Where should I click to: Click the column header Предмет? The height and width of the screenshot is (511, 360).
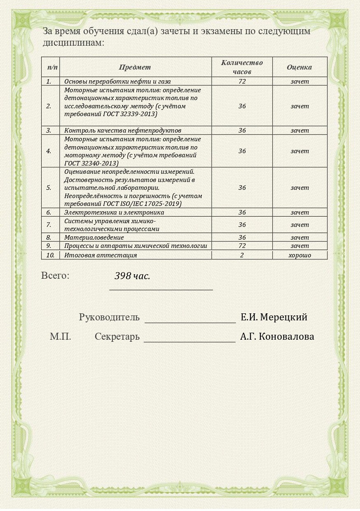[x=135, y=67]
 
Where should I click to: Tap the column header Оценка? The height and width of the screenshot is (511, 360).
[x=299, y=67]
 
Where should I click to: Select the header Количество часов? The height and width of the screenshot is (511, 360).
[x=242, y=67]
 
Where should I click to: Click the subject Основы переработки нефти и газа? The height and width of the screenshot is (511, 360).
[x=117, y=82]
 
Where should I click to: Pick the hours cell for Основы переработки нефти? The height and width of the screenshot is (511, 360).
[x=242, y=82]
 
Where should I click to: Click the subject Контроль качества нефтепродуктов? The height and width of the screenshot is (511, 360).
[x=123, y=131]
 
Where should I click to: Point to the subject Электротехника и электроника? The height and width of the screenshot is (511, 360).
[x=114, y=212]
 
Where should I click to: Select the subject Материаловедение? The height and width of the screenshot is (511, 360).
[x=94, y=238]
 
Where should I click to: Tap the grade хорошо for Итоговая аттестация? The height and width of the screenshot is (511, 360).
[x=299, y=255]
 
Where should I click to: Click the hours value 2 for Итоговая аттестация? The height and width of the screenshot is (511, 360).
[x=242, y=255]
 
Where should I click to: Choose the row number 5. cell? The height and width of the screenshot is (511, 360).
[x=49, y=188]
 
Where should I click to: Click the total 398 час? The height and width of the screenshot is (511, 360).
[x=132, y=276]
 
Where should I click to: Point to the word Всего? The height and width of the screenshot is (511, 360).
[x=55, y=275]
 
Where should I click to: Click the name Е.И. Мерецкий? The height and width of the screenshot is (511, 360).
[x=274, y=317]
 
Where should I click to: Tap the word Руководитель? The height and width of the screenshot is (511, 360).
[x=109, y=317]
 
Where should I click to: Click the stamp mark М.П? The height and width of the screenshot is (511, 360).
[x=61, y=336]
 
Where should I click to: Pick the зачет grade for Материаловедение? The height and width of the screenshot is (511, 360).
[x=299, y=238]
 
